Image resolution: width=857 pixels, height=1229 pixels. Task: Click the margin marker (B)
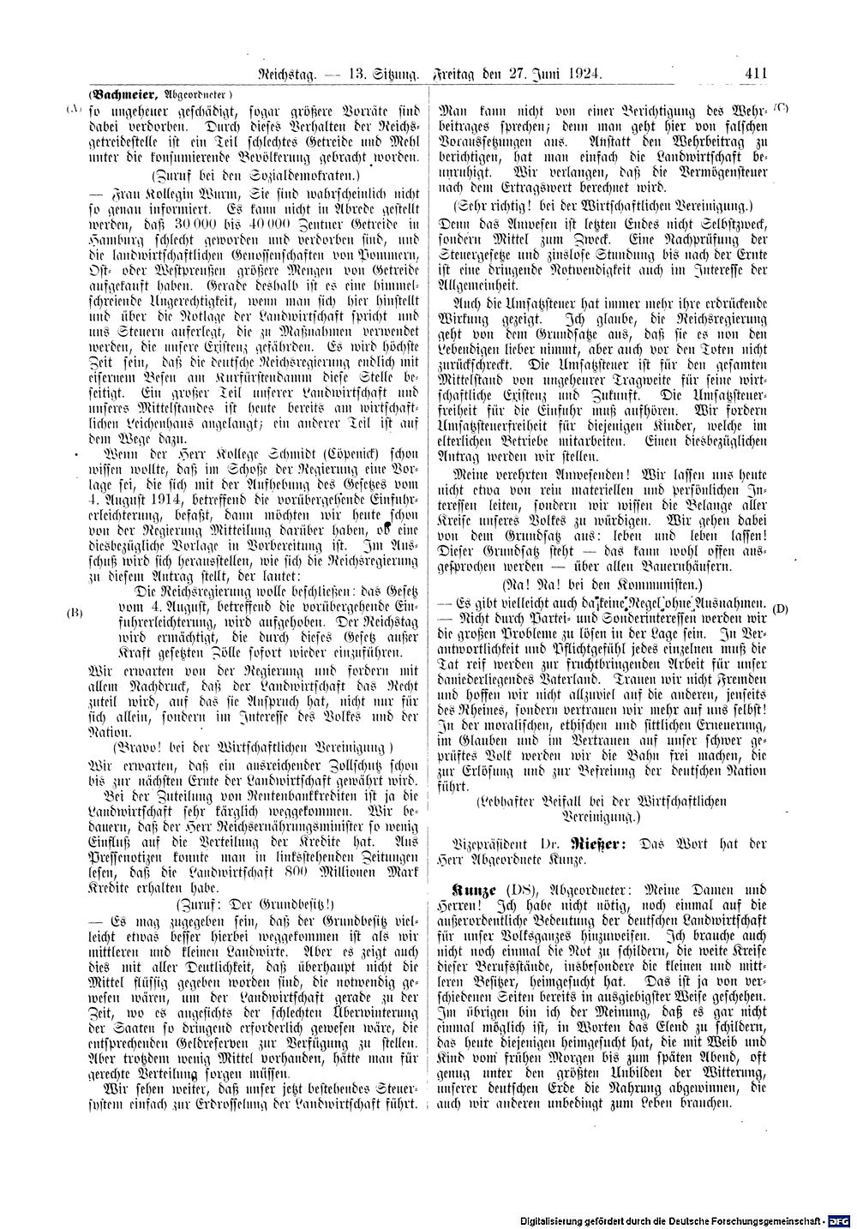tap(74, 614)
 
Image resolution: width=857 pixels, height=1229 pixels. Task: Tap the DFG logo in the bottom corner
tap(840, 1218)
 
